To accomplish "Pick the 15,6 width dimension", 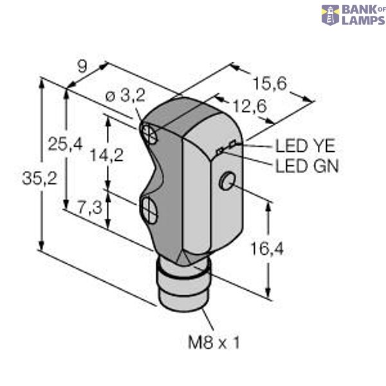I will point(270,83).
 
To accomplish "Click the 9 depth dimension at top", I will point(82,65).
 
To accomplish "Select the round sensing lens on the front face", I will point(227,182).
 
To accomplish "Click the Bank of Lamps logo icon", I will point(331,15).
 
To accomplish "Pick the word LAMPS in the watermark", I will point(362,20).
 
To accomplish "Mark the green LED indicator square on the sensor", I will point(221,151).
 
